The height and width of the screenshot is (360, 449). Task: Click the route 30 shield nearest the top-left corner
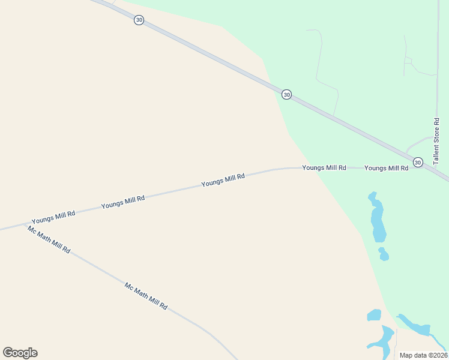[139, 20]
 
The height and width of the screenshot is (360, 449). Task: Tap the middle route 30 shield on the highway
[286, 94]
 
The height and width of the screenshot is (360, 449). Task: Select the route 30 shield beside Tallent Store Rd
[418, 162]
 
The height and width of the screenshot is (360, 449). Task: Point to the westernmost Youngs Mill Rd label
[53, 217]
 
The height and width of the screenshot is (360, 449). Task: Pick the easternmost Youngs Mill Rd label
[386, 168]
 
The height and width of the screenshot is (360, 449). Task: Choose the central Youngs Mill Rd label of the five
[223, 180]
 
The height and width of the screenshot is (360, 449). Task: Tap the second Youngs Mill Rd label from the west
[123, 202]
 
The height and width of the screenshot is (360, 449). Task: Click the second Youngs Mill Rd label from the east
[324, 168]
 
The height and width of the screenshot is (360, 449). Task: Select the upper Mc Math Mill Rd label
[49, 239]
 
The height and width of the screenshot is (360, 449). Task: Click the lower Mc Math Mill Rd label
[146, 296]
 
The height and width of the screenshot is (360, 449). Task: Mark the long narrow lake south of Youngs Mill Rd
[377, 217]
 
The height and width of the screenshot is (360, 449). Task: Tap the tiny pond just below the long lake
[383, 254]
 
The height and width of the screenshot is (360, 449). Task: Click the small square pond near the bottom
[374, 315]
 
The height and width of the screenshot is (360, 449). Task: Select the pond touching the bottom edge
[382, 339]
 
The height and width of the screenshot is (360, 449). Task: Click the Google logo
[20, 353]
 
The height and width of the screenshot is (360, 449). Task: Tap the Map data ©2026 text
[423, 355]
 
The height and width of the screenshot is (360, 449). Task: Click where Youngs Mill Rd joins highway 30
[427, 169]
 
